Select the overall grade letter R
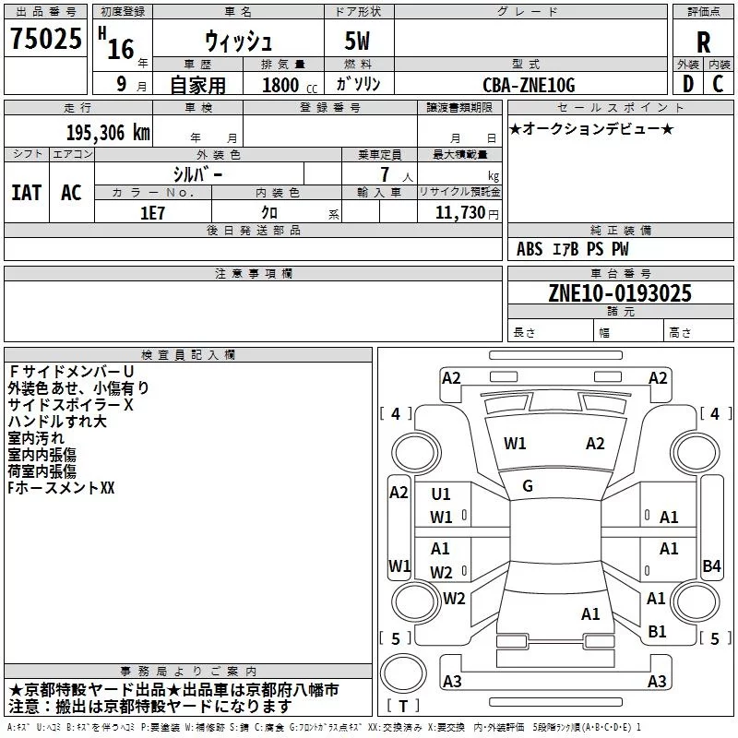pyautogui.click(x=703, y=42)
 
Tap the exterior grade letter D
pyautogui.click(x=688, y=84)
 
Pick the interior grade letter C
pyautogui.click(x=719, y=84)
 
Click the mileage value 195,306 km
pyautogui.click(x=107, y=133)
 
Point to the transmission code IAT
pyautogui.click(x=26, y=193)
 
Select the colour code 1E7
pyautogui.click(x=153, y=211)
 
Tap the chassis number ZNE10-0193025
pyautogui.click(x=620, y=294)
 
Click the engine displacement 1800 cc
pyautogui.click(x=287, y=85)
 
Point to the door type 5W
pyautogui.click(x=359, y=42)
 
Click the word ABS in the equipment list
pyautogui.click(x=530, y=249)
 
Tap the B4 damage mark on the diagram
pyautogui.click(x=711, y=566)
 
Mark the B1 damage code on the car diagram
pyautogui.click(x=657, y=631)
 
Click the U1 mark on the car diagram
pyautogui.click(x=441, y=494)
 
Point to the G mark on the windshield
pyautogui.click(x=528, y=485)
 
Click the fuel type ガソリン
pyautogui.click(x=358, y=84)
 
